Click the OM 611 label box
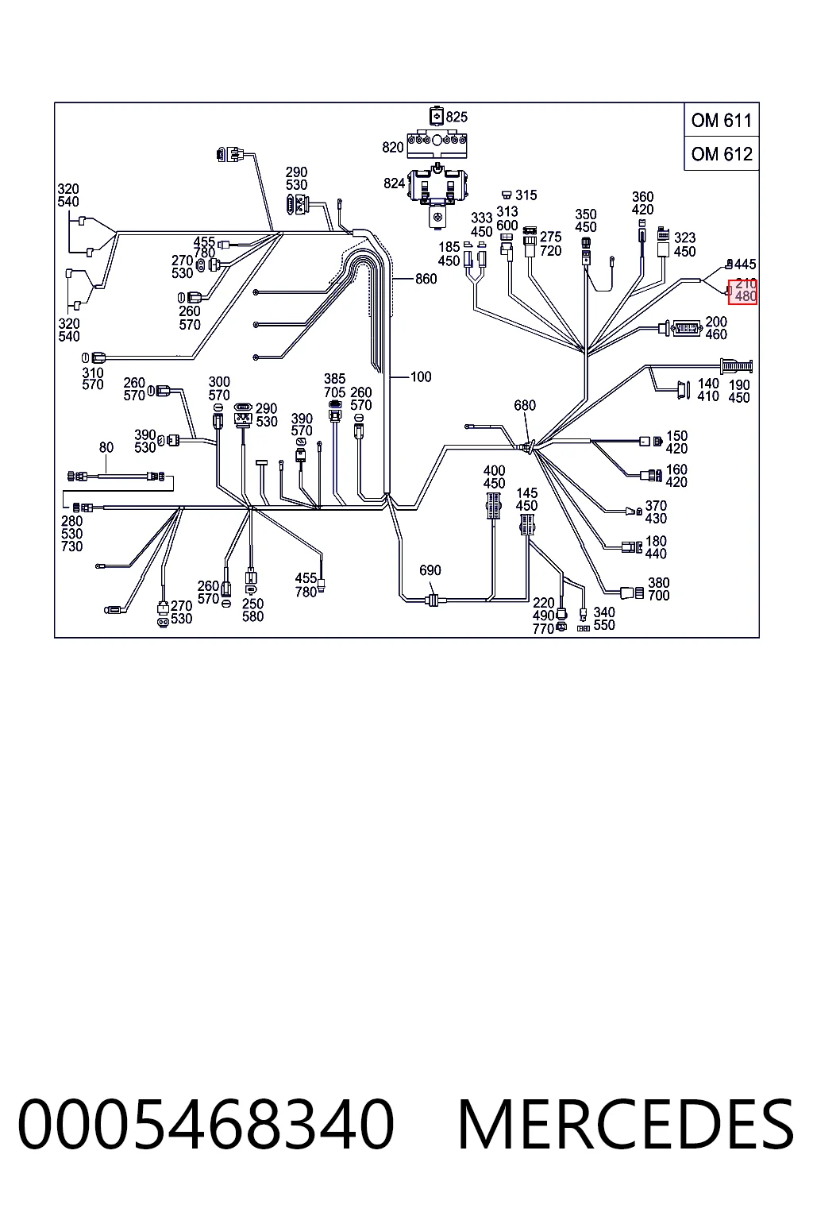(x=722, y=120)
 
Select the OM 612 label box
(x=722, y=153)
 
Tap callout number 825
(x=457, y=117)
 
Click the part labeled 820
(x=437, y=144)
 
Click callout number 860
(x=426, y=279)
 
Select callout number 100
(x=420, y=376)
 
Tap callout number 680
(x=524, y=405)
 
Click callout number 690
(x=430, y=570)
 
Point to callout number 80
(x=106, y=448)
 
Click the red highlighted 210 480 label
(x=743, y=291)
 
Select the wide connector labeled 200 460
(x=686, y=328)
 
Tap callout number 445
(x=745, y=264)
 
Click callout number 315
(x=526, y=195)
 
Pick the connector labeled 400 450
(x=493, y=506)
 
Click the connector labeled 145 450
(x=526, y=524)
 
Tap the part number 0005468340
(x=206, y=1124)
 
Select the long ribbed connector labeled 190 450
(x=736, y=366)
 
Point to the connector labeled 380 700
(x=632, y=593)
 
